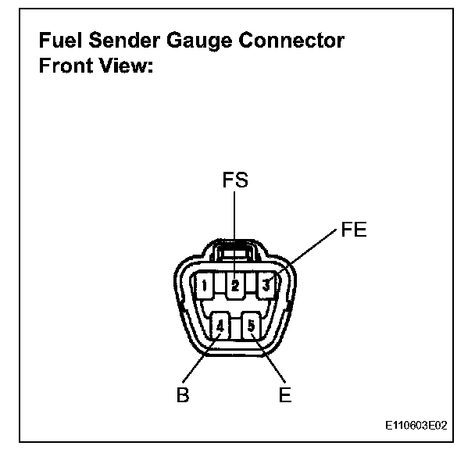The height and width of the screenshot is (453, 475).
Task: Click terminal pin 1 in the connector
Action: tap(204, 286)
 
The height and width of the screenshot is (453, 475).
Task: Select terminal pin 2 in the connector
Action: tap(234, 286)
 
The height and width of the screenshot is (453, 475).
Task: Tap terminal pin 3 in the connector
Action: tap(266, 286)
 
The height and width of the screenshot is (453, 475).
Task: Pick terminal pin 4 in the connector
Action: tap(221, 325)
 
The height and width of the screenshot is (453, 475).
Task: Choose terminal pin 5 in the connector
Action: tap(251, 325)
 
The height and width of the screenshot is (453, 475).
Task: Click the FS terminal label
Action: tap(234, 181)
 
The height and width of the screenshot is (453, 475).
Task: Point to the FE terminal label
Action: tap(354, 230)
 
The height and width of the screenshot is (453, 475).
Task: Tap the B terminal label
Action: tap(181, 394)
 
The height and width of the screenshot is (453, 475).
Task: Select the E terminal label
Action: tap(285, 394)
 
